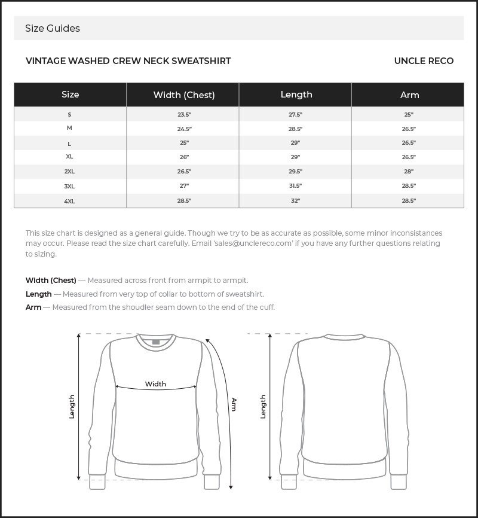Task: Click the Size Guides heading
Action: point(53,29)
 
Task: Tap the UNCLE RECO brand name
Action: point(424,61)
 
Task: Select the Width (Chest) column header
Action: point(184,95)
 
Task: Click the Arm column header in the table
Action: point(409,95)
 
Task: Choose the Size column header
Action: point(70,95)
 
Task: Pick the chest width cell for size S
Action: point(184,114)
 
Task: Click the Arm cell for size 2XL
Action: point(409,172)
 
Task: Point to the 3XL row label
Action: point(70,187)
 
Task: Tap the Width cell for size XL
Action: point(184,157)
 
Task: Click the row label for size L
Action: point(70,144)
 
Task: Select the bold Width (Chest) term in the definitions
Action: point(51,281)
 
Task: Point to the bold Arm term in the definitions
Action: point(33,307)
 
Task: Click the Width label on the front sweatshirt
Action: point(155,384)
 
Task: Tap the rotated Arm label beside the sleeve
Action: point(234,404)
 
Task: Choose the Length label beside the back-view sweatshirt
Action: point(263,407)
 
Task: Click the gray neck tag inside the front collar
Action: point(156,342)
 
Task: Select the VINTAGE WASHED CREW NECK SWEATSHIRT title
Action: point(128,61)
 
